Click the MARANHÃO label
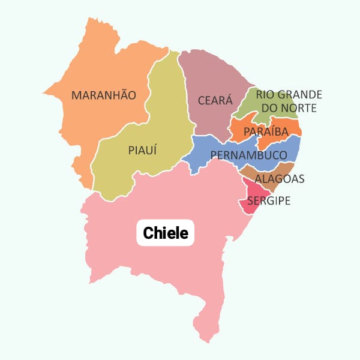click(x=104, y=95)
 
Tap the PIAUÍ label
click(x=142, y=150)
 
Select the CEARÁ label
click(x=215, y=100)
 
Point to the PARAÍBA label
click(x=266, y=131)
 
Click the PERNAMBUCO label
click(x=248, y=155)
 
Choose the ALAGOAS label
click(x=280, y=179)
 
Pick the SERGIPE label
click(x=268, y=200)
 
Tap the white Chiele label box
click(x=166, y=232)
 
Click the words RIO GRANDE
click(x=289, y=94)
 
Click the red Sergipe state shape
click(x=248, y=204)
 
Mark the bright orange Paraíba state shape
click(x=240, y=127)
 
